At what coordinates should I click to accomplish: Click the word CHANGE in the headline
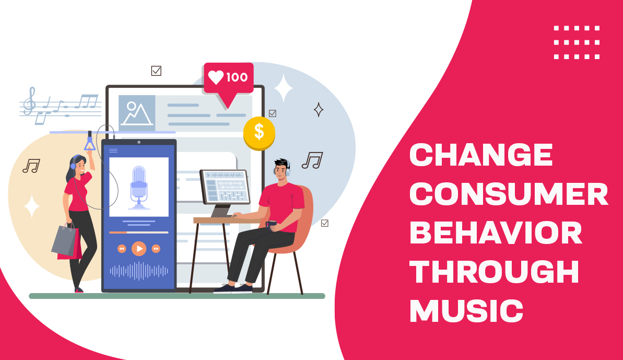(481, 155)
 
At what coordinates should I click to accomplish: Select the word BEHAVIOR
(496, 233)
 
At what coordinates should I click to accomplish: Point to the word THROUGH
(495, 272)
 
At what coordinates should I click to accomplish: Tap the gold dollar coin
(259, 133)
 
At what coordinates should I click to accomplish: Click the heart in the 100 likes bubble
(216, 77)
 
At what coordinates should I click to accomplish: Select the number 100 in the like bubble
(237, 78)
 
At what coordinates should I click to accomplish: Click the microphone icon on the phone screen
(138, 185)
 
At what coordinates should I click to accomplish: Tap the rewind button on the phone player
(122, 249)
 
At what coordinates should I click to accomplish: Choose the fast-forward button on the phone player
(156, 249)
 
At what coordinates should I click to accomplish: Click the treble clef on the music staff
(31, 101)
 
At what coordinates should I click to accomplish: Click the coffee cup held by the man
(271, 224)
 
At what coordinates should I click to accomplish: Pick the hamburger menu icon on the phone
(113, 150)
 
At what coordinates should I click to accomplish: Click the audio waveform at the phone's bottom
(139, 270)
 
